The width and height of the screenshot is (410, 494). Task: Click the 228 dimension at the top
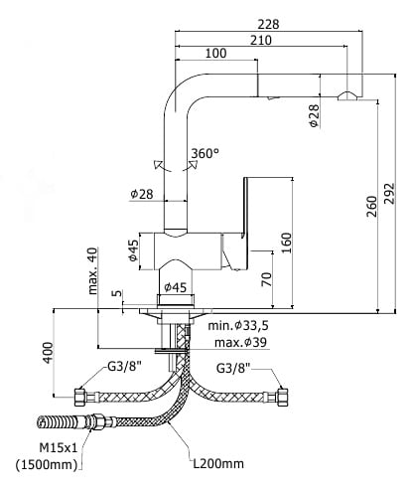point(268,24)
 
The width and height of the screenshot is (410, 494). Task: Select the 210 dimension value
point(261,40)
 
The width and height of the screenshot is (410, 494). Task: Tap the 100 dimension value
point(216,53)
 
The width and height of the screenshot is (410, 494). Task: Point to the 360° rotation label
point(205,153)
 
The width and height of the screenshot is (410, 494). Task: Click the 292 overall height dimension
point(390,194)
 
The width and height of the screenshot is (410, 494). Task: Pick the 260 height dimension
point(372,207)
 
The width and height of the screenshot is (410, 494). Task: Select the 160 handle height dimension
point(287,243)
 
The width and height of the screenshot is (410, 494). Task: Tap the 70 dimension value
point(266,279)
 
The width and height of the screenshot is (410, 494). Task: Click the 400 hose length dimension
point(48,353)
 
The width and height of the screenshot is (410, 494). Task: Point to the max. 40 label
point(93,270)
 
